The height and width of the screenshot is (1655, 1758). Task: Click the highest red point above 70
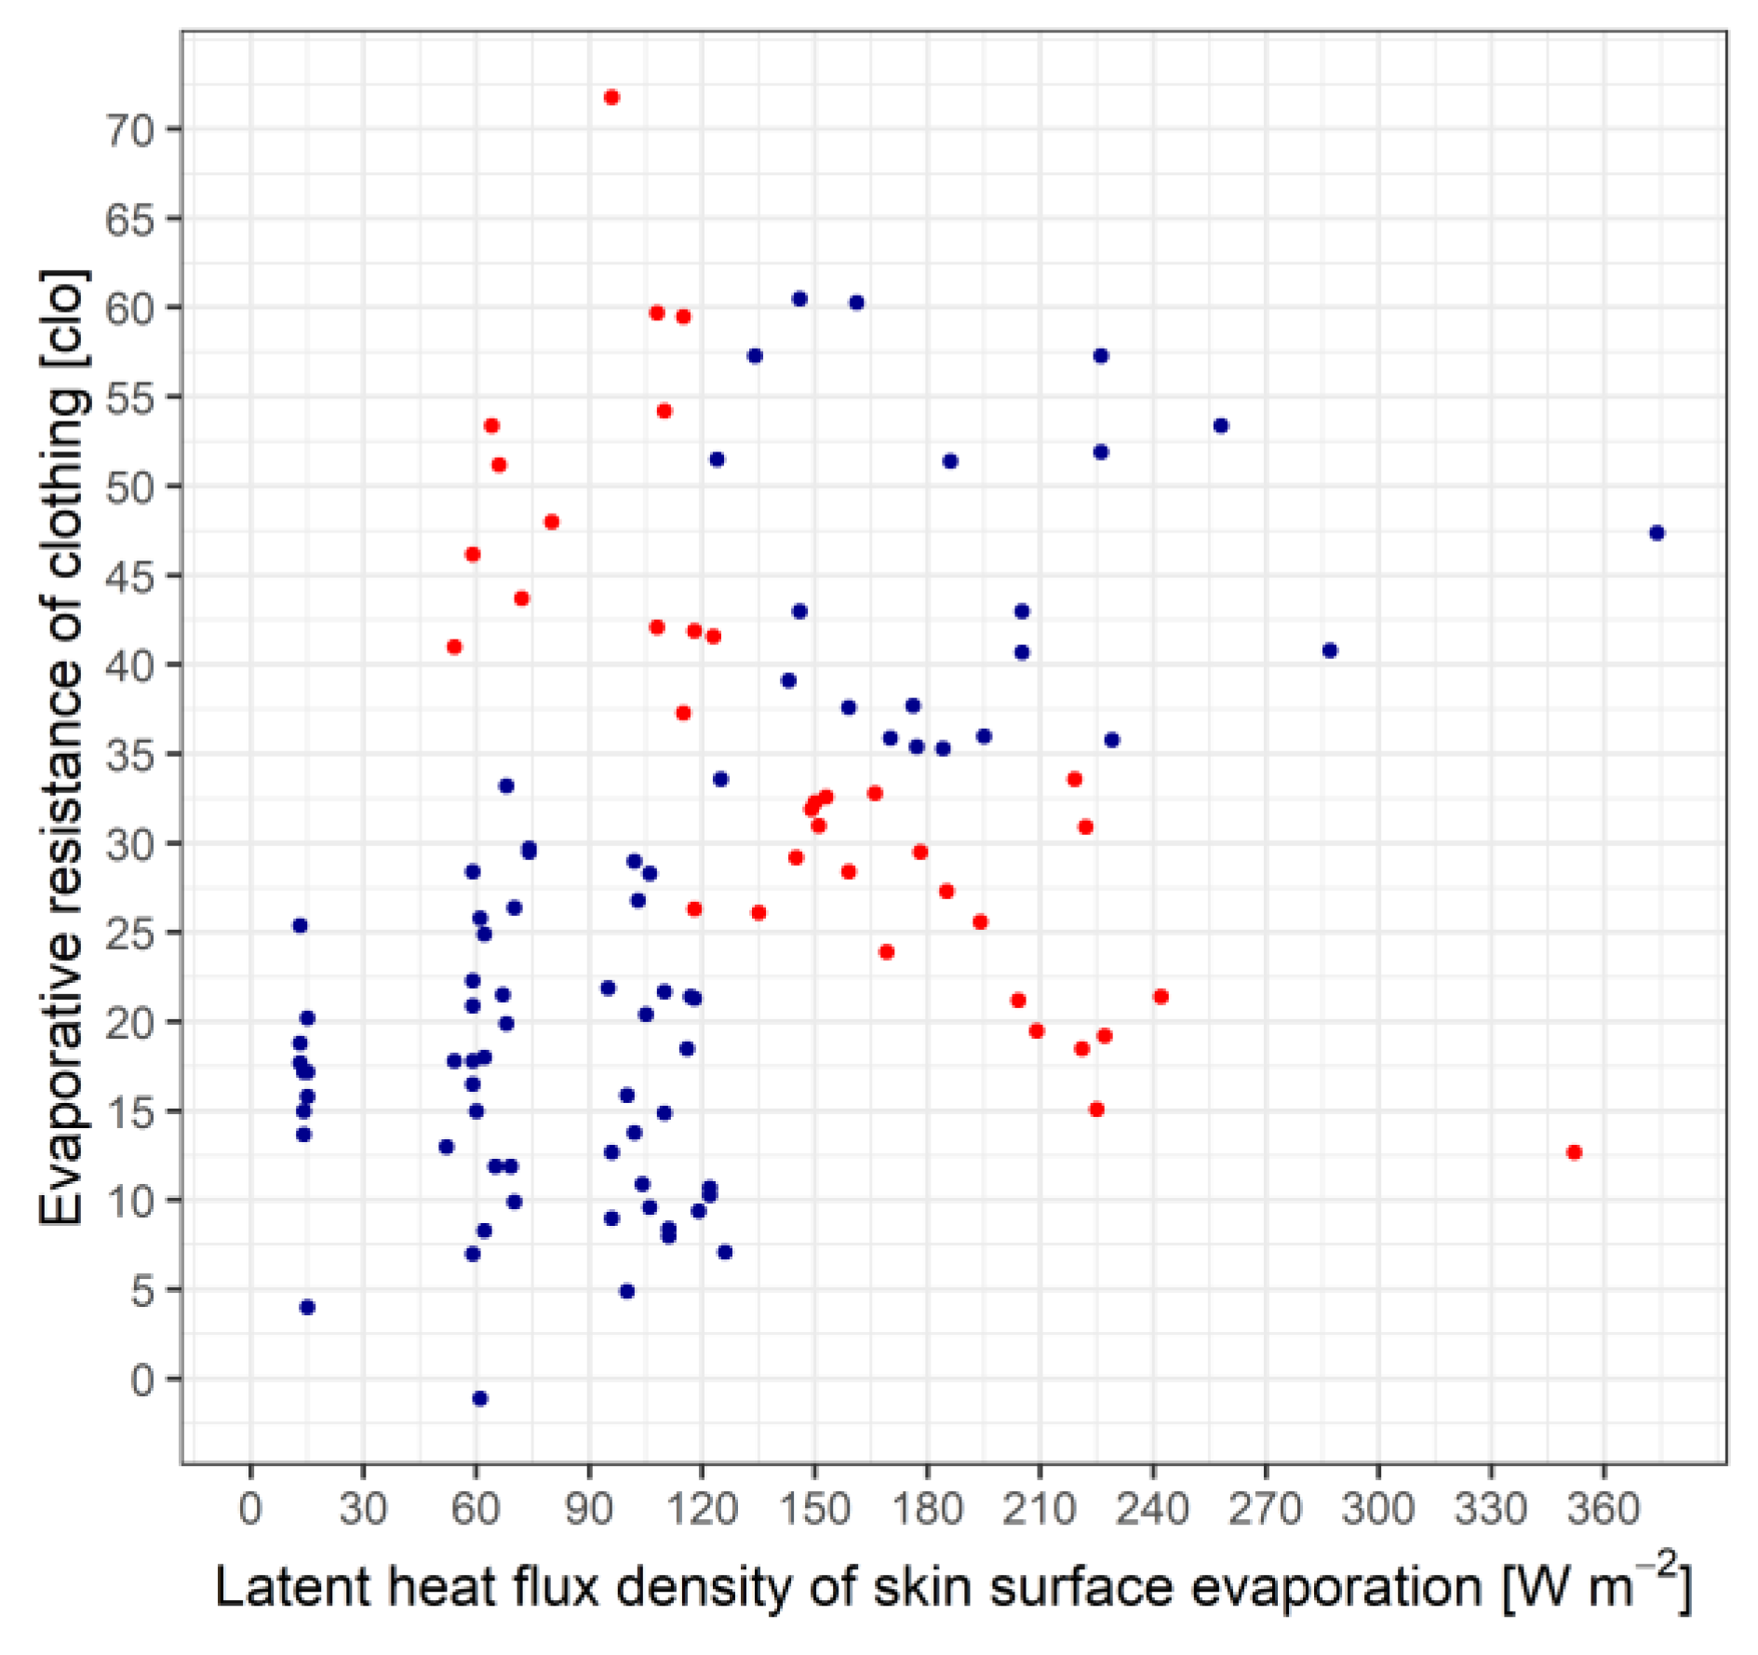tap(611, 98)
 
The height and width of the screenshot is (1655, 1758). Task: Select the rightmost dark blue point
tap(1657, 533)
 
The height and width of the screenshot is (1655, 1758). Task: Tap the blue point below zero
tap(480, 1398)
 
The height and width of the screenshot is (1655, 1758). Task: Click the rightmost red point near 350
tap(1575, 1152)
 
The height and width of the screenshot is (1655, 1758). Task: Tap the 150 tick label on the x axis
tap(814, 1508)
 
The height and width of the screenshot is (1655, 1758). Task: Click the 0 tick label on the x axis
tap(250, 1508)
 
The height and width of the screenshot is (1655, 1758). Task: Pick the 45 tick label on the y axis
tap(129, 576)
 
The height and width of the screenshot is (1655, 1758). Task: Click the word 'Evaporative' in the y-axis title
tap(63, 1076)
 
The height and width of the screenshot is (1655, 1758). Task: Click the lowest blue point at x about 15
tap(307, 1307)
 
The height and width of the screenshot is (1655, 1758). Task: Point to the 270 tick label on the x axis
tap(1265, 1508)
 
